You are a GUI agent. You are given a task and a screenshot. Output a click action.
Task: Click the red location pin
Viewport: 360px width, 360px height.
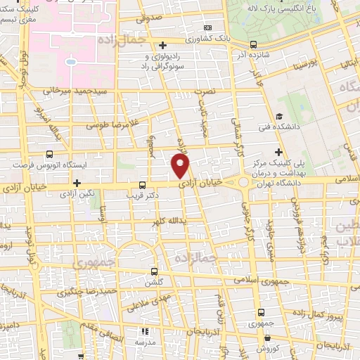click(181, 166)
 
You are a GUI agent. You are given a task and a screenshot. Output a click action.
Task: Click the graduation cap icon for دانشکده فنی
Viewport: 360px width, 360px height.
click(279, 117)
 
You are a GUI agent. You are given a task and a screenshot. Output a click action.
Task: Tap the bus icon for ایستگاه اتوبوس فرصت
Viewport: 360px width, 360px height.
click(49, 154)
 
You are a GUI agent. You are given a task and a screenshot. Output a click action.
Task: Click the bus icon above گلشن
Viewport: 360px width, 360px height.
click(155, 271)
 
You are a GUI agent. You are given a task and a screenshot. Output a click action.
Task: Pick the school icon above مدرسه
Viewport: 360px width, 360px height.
click(146, 330)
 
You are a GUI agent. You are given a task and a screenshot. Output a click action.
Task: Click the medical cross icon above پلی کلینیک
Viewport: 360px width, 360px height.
click(279, 152)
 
